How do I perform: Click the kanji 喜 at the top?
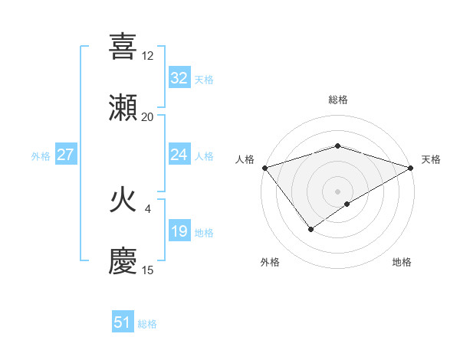[123, 47]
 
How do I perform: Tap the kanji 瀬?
[123, 108]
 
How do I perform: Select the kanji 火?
[123, 201]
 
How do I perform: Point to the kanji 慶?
[123, 261]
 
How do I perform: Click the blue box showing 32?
[179, 77]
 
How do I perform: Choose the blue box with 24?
[179, 155]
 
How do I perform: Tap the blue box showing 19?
[179, 231]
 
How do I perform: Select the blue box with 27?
[66, 155]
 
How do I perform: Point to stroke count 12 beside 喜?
[148, 56]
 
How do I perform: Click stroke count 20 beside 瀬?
[148, 116]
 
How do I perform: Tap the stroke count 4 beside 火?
[148, 208]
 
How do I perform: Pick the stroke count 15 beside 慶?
[148, 270]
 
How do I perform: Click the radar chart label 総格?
[338, 100]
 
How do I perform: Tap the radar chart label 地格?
[402, 262]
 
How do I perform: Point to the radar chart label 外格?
[270, 262]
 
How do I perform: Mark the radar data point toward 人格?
[264, 168]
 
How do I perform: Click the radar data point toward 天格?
[411, 168]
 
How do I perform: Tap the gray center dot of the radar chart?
[338, 191]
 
